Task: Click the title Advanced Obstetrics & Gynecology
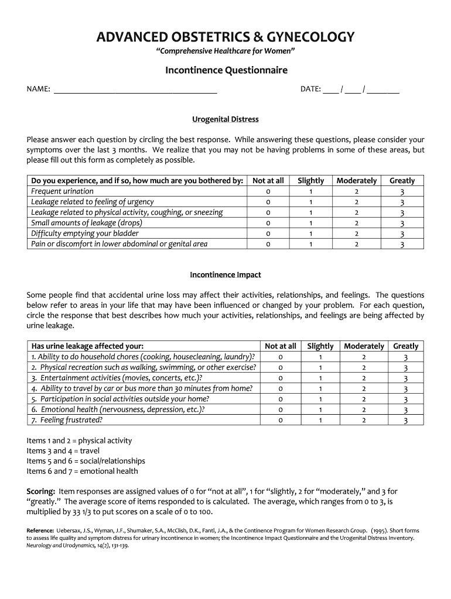tap(225, 37)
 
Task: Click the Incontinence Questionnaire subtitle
tap(225, 71)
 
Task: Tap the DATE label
tap(310, 89)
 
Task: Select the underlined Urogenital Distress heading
tap(225, 119)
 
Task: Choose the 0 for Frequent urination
tap(268, 191)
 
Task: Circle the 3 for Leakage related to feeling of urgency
tap(402, 202)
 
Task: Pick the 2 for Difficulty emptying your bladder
tap(356, 233)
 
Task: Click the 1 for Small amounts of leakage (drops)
tap(311, 223)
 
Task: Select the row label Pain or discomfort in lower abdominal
tap(119, 244)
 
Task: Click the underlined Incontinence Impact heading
tap(225, 274)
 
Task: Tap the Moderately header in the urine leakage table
tap(364, 346)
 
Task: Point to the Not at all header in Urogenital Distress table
tap(268, 181)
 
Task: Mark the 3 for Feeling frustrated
tap(405, 421)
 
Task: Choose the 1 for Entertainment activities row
tap(320, 378)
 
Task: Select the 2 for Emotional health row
tap(364, 409)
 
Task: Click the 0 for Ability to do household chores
tap(281, 357)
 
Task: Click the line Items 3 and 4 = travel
tap(63, 451)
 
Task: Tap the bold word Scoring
tap(41, 491)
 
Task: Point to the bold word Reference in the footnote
tap(40, 531)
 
